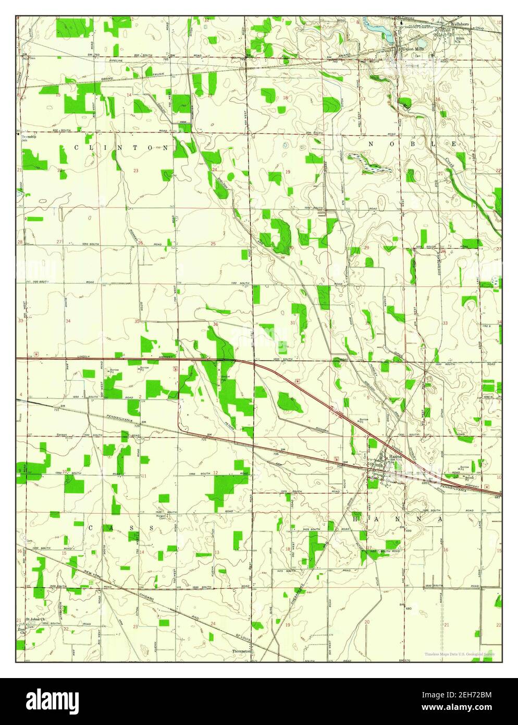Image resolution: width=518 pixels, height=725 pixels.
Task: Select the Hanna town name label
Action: (x=394, y=457)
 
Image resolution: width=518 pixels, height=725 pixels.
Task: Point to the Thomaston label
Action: (x=242, y=651)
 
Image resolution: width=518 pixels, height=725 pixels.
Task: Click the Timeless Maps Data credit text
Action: (x=459, y=654)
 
